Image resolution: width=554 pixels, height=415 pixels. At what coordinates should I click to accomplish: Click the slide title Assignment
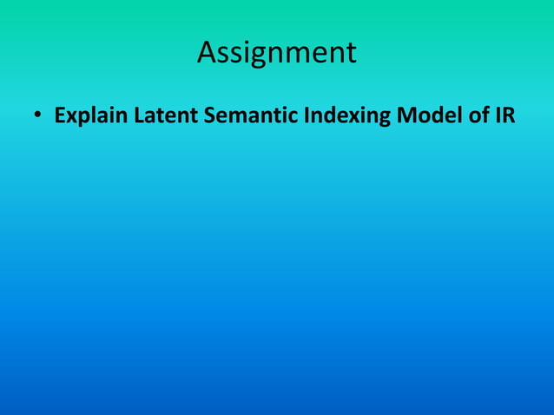click(276, 53)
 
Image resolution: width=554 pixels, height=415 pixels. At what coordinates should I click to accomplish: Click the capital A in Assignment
click(208, 53)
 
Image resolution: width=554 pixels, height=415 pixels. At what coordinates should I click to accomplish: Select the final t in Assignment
click(350, 53)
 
